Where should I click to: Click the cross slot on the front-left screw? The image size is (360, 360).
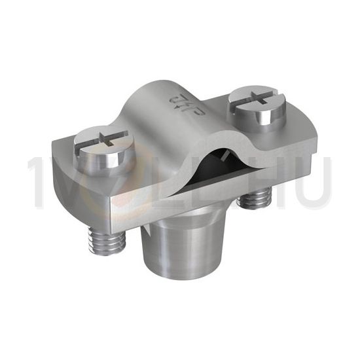pos(102,139)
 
